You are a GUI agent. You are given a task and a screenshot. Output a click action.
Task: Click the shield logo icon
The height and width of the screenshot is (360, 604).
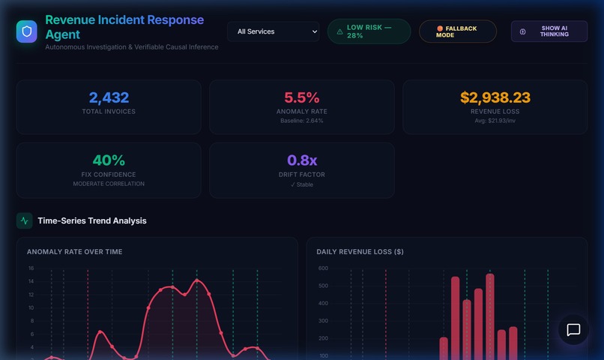[27, 31]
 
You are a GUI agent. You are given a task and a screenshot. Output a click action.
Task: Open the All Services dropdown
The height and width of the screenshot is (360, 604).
[273, 31]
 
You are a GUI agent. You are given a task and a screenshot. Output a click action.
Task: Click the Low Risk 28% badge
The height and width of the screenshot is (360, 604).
[369, 31]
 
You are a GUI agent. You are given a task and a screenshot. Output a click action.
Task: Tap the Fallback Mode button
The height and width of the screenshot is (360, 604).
[457, 31]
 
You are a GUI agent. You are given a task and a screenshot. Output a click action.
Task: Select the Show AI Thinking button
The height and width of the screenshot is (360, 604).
[549, 31]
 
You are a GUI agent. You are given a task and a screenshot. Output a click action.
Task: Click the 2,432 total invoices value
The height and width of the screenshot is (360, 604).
[109, 97]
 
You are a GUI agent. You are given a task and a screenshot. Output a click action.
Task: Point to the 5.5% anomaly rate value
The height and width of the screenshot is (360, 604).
[301, 97]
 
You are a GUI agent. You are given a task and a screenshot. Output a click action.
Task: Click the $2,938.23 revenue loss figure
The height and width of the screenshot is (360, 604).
[495, 97]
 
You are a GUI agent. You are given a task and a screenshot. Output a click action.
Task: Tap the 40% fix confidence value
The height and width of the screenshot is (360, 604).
[109, 160]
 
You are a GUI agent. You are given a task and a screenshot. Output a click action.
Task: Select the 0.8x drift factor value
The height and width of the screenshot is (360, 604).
[301, 160]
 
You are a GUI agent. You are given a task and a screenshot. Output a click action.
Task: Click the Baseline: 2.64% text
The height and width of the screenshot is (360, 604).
[301, 121]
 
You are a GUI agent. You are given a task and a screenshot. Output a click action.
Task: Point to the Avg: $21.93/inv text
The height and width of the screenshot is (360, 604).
[495, 121]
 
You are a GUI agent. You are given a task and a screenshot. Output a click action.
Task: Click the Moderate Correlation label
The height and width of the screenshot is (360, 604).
[109, 184]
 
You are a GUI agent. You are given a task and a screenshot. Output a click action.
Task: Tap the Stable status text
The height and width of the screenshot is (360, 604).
[301, 184]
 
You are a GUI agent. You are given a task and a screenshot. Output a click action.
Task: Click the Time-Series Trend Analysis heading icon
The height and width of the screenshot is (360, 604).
[25, 220]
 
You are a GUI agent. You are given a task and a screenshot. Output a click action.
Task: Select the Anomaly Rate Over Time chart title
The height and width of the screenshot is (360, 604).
[74, 252]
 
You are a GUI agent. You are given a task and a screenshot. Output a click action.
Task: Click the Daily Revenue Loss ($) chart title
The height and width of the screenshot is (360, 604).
[360, 252]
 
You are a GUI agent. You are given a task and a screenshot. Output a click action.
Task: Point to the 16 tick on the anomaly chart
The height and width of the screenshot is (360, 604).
[31, 268]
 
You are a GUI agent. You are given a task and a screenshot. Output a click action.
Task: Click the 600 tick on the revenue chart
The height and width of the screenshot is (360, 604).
[323, 268]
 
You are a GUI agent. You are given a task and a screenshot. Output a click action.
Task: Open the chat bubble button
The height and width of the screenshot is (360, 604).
[573, 330]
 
